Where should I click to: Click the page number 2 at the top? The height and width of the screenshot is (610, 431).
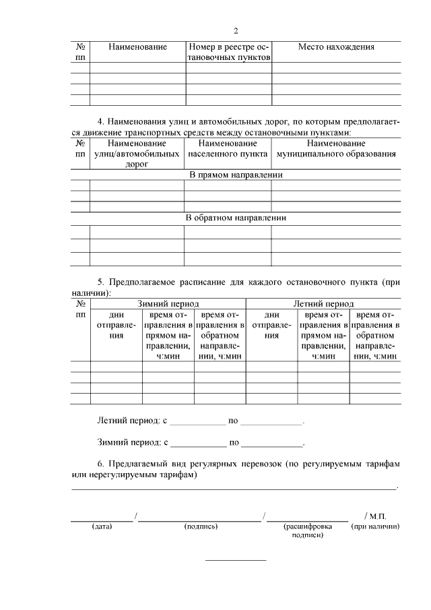[236, 31]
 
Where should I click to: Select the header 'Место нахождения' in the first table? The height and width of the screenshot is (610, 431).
[336, 47]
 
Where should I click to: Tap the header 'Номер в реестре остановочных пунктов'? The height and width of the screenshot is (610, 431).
[229, 53]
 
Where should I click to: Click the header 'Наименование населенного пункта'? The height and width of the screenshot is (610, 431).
[228, 149]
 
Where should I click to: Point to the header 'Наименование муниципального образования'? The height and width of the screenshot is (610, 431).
[336, 149]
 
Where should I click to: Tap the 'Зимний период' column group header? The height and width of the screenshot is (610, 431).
[168, 304]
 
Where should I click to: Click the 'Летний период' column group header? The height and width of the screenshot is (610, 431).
[323, 304]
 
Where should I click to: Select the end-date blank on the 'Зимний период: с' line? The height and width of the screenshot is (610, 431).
[272, 444]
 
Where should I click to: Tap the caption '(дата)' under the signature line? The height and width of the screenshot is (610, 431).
[102, 526]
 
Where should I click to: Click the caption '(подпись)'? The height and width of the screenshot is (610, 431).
[200, 526]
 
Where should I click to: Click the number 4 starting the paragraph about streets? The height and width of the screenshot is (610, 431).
[100, 122]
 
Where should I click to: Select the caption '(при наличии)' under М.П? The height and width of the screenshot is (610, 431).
[376, 526]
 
